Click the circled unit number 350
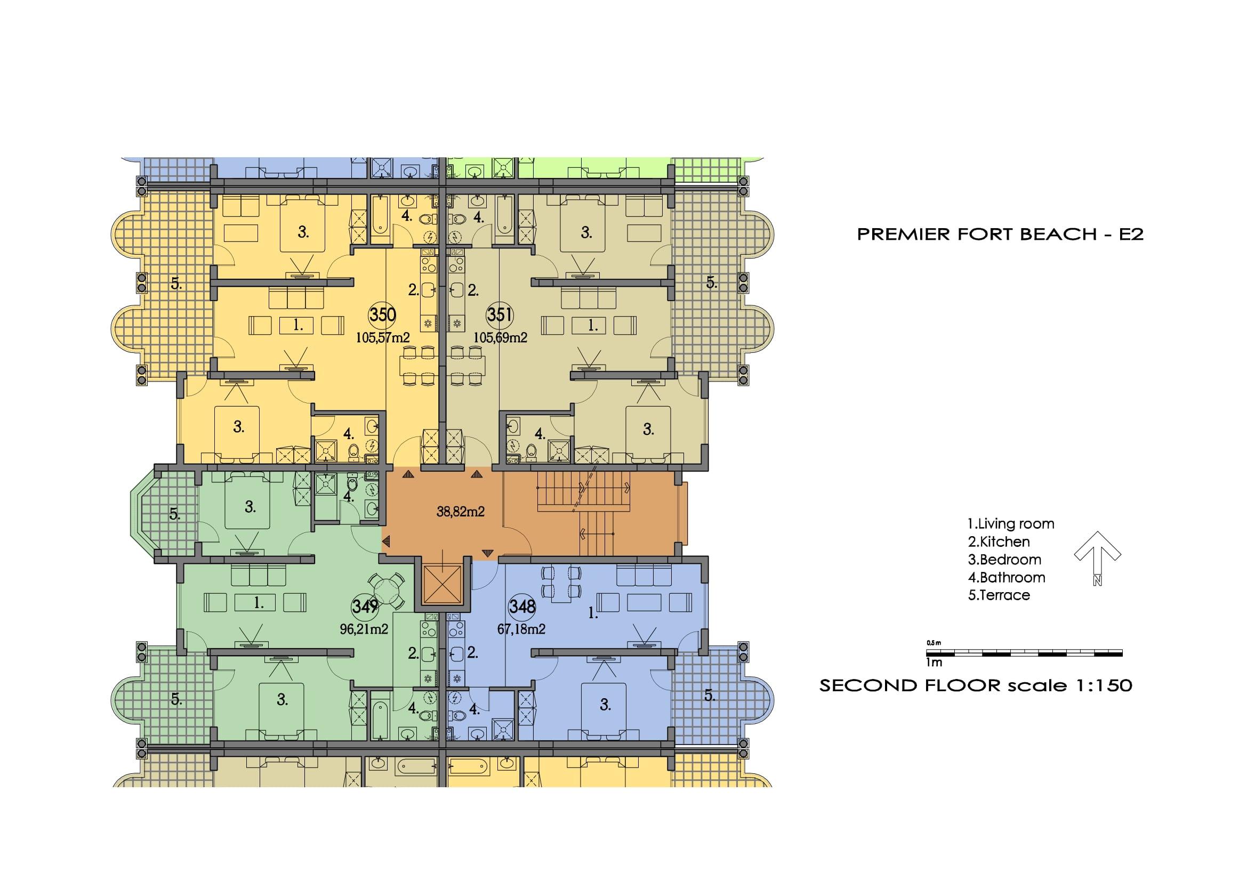(x=382, y=315)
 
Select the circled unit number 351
(x=500, y=315)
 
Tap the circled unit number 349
(x=365, y=606)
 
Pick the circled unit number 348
(x=522, y=606)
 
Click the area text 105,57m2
(x=382, y=337)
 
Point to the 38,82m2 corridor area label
(x=461, y=511)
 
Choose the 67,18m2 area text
(x=521, y=629)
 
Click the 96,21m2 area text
(x=364, y=629)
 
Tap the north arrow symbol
(x=1098, y=557)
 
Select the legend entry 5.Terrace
(x=999, y=595)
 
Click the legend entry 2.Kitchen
(x=999, y=541)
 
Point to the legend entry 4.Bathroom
(x=1007, y=577)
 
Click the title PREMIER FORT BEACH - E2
(x=1000, y=234)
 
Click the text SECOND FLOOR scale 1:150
(x=976, y=685)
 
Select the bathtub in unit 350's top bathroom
(x=379, y=223)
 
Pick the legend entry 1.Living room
(x=1011, y=524)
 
